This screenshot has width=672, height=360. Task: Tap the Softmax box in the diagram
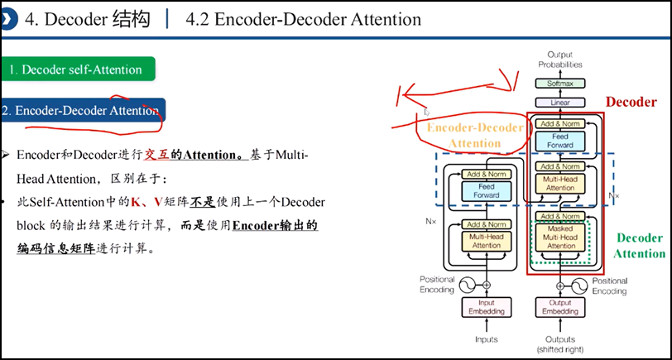pos(559,84)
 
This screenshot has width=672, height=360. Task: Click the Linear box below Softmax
pos(559,103)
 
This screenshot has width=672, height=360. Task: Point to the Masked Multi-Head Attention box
pos(560,238)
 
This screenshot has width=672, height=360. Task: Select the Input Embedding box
pos(486,308)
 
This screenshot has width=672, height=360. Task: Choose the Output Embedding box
pos(560,308)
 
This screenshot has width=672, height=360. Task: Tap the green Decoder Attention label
pos(639,246)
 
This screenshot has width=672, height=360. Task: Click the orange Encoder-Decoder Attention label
pos(475,136)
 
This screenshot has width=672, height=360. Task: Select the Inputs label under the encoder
pos(486,339)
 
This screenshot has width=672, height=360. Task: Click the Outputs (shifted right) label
pos(560,344)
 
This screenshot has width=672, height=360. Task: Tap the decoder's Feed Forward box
pos(560,140)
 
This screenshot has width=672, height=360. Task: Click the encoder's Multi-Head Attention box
pos(486,242)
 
